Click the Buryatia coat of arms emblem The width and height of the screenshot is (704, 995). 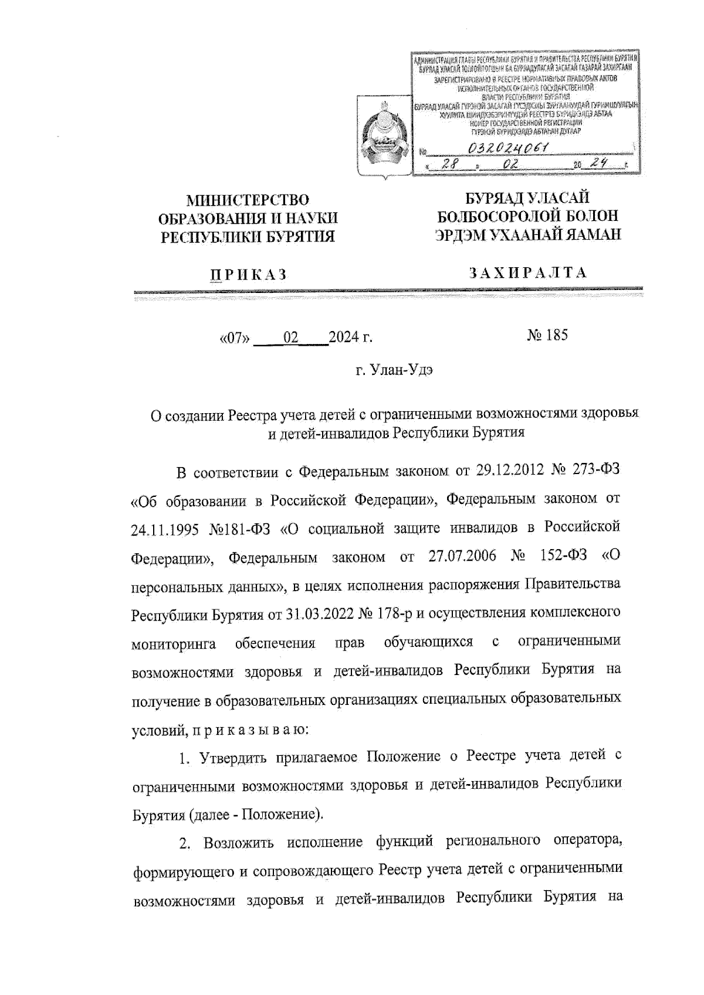(x=381, y=138)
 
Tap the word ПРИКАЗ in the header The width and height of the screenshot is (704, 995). (x=248, y=274)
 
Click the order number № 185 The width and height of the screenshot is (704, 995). (x=547, y=336)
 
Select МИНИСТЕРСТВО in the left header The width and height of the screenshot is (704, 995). (x=248, y=202)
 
